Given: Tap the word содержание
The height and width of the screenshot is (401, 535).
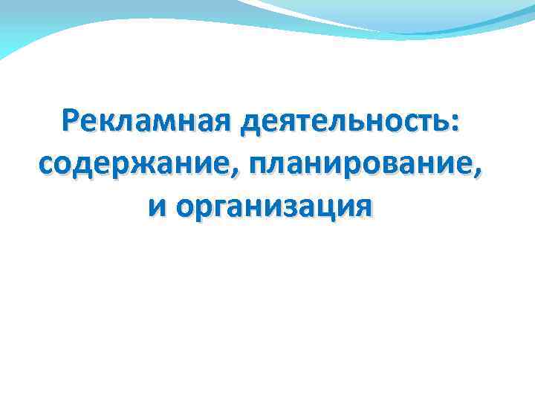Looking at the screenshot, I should (123, 161).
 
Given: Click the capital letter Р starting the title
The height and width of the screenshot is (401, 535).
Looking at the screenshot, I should (73, 121).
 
